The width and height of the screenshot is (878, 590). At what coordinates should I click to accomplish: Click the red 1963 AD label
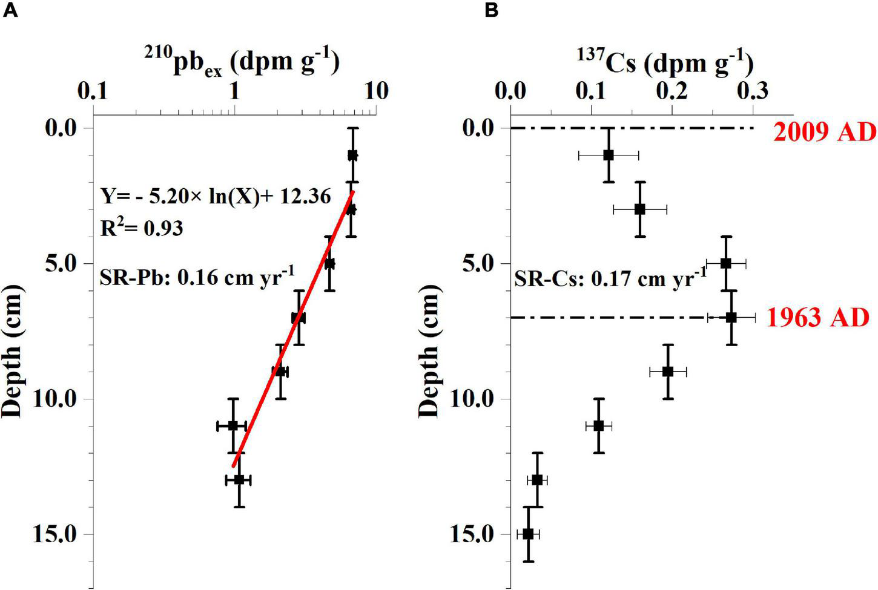click(x=817, y=317)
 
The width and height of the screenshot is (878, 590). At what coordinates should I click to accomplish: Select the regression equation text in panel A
click(x=216, y=197)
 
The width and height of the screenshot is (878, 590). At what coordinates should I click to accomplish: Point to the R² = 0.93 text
click(x=142, y=228)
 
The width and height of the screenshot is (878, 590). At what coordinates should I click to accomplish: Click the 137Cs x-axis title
click(x=664, y=63)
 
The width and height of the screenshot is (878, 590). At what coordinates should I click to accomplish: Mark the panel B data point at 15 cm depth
click(x=528, y=534)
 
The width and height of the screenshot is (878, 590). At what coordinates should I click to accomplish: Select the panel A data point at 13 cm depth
click(x=239, y=480)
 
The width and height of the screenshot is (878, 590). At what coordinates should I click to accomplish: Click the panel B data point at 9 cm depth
click(x=668, y=372)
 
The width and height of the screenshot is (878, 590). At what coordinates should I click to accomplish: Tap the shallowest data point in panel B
click(x=609, y=155)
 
